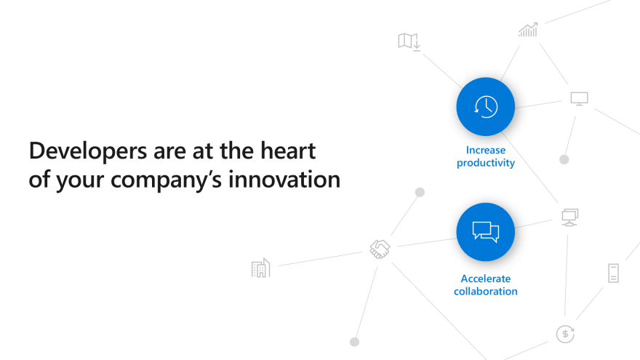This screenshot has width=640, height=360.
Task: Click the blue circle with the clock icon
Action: coord(486,106)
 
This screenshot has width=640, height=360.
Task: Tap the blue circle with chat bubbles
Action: coord(486,232)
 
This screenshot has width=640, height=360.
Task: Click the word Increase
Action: coord(486,151)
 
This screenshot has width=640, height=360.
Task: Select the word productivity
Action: coord(486,163)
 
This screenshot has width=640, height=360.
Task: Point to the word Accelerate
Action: coord(486,279)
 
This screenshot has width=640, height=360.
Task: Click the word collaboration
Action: coord(486,292)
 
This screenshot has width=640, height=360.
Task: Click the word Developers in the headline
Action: coord(88,152)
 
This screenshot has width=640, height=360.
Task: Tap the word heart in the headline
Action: coord(288,151)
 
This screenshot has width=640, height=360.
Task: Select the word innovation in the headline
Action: coord(284,179)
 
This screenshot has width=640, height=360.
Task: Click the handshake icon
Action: coord(380,249)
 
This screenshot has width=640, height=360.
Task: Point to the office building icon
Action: coord(261,268)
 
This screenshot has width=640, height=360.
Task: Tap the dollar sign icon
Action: coord(565,334)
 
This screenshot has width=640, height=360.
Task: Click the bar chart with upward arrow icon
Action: coord(528,30)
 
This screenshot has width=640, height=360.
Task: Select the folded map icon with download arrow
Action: coord(409,41)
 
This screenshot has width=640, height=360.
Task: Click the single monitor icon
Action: coord(579,99)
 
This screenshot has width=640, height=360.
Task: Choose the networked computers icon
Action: coord(569,217)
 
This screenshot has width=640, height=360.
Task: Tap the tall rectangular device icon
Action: coord(614,273)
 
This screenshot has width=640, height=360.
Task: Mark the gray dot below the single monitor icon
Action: coord(564,159)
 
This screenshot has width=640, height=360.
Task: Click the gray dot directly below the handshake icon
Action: coord(355,342)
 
